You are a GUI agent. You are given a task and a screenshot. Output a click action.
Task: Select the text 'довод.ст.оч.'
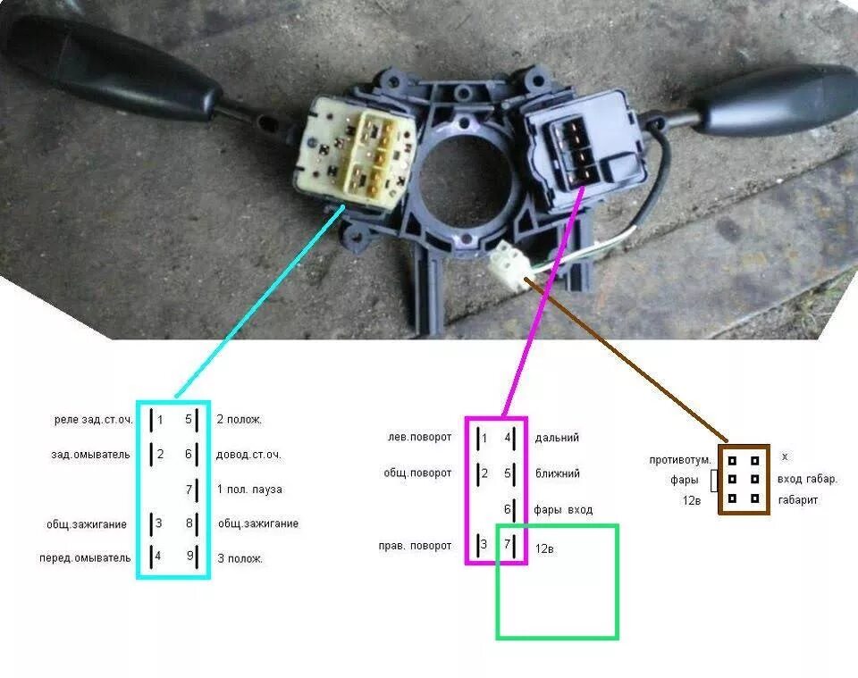[x=248, y=455]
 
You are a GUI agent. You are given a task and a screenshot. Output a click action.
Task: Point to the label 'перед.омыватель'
[x=87, y=558]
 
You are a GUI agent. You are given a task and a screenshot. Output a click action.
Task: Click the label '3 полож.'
[x=240, y=559]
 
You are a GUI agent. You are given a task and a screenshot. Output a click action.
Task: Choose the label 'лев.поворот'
[x=420, y=438]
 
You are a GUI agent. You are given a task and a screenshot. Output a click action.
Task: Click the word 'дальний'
[x=557, y=438]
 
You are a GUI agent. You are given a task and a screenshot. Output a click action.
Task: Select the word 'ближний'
[x=557, y=473]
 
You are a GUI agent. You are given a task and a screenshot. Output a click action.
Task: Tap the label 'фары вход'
[x=563, y=509]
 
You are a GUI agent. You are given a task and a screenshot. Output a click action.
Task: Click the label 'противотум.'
[x=681, y=460]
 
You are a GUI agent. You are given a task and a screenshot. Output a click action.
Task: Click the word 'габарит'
[x=798, y=500]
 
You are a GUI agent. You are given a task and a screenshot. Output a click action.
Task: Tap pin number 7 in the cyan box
[x=189, y=490]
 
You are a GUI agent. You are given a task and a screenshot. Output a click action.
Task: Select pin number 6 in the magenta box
[x=508, y=509]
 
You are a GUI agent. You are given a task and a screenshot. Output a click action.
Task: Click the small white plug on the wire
[x=506, y=262]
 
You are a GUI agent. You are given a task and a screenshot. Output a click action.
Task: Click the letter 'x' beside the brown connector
[x=785, y=456]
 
